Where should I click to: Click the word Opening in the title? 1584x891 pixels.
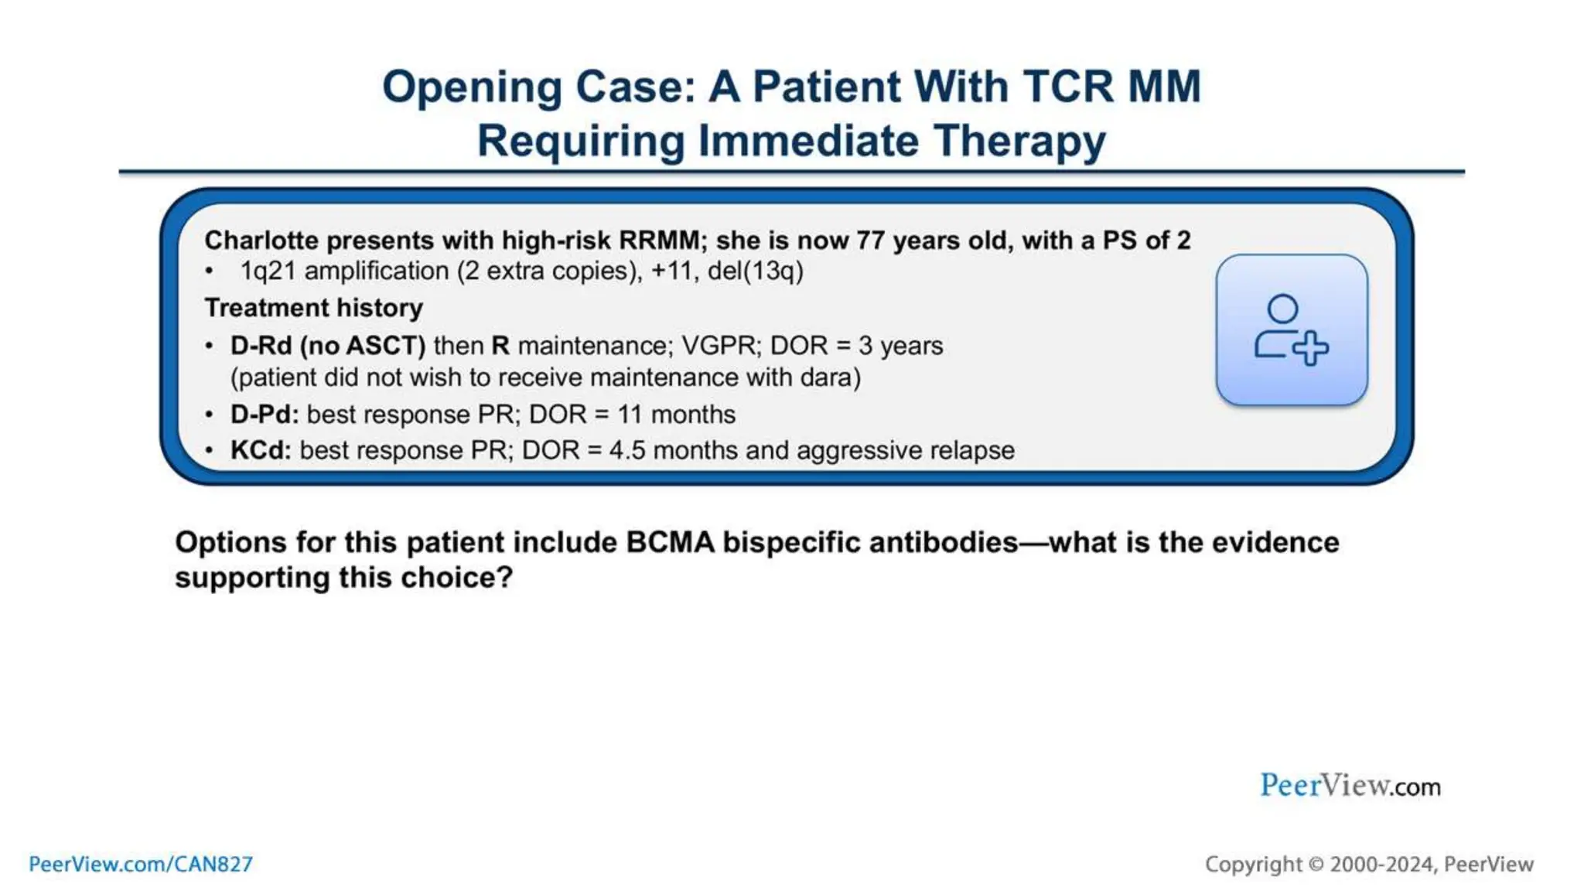point(472,87)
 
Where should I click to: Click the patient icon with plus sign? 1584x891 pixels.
point(1291,330)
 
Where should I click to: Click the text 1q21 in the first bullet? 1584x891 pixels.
point(268,271)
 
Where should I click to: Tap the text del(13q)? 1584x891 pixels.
point(755,271)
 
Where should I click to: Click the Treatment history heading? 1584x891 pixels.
point(313,308)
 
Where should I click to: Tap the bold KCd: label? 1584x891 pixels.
point(261,450)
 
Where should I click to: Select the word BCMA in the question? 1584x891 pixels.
point(670,542)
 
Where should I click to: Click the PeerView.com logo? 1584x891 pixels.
point(1350,786)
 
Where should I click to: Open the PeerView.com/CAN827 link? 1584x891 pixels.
point(141,864)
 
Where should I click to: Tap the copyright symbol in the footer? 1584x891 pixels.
point(1316,864)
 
